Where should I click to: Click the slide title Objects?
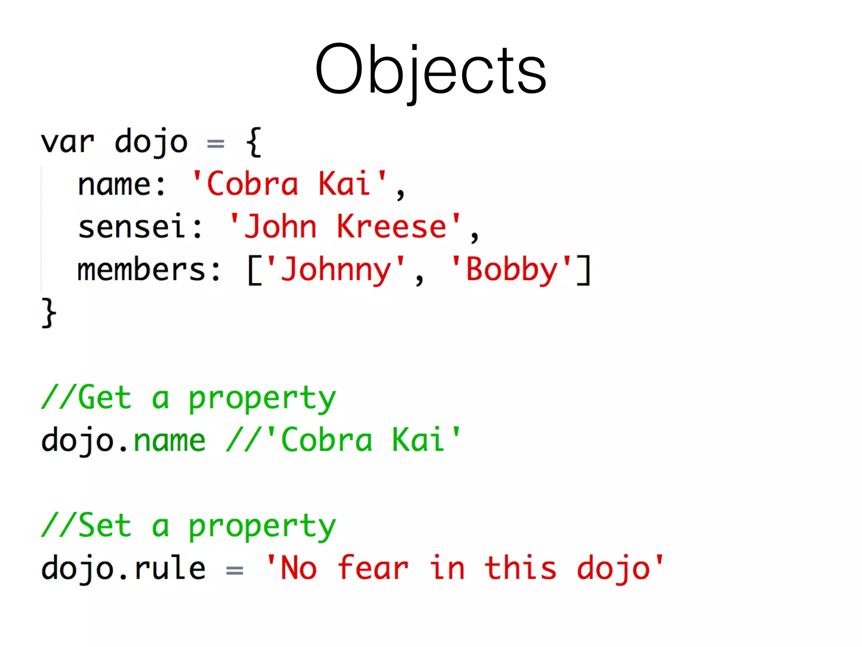pyautogui.click(x=431, y=70)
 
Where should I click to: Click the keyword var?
pyautogui.click(x=67, y=142)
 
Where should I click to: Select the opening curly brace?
pyautogui.click(x=254, y=142)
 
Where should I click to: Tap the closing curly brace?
pyautogui.click(x=49, y=313)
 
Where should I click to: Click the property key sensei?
pyautogui.click(x=131, y=227)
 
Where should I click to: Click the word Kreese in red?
pyautogui.click(x=391, y=227)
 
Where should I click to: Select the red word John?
pyautogui.click(x=280, y=227)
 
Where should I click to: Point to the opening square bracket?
pyautogui.click(x=255, y=270)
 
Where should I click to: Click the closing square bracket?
pyautogui.click(x=584, y=270)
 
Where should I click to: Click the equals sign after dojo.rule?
pyautogui.click(x=234, y=570)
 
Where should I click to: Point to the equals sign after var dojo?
pyautogui.click(x=215, y=144)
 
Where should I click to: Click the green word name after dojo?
pyautogui.click(x=170, y=441)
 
